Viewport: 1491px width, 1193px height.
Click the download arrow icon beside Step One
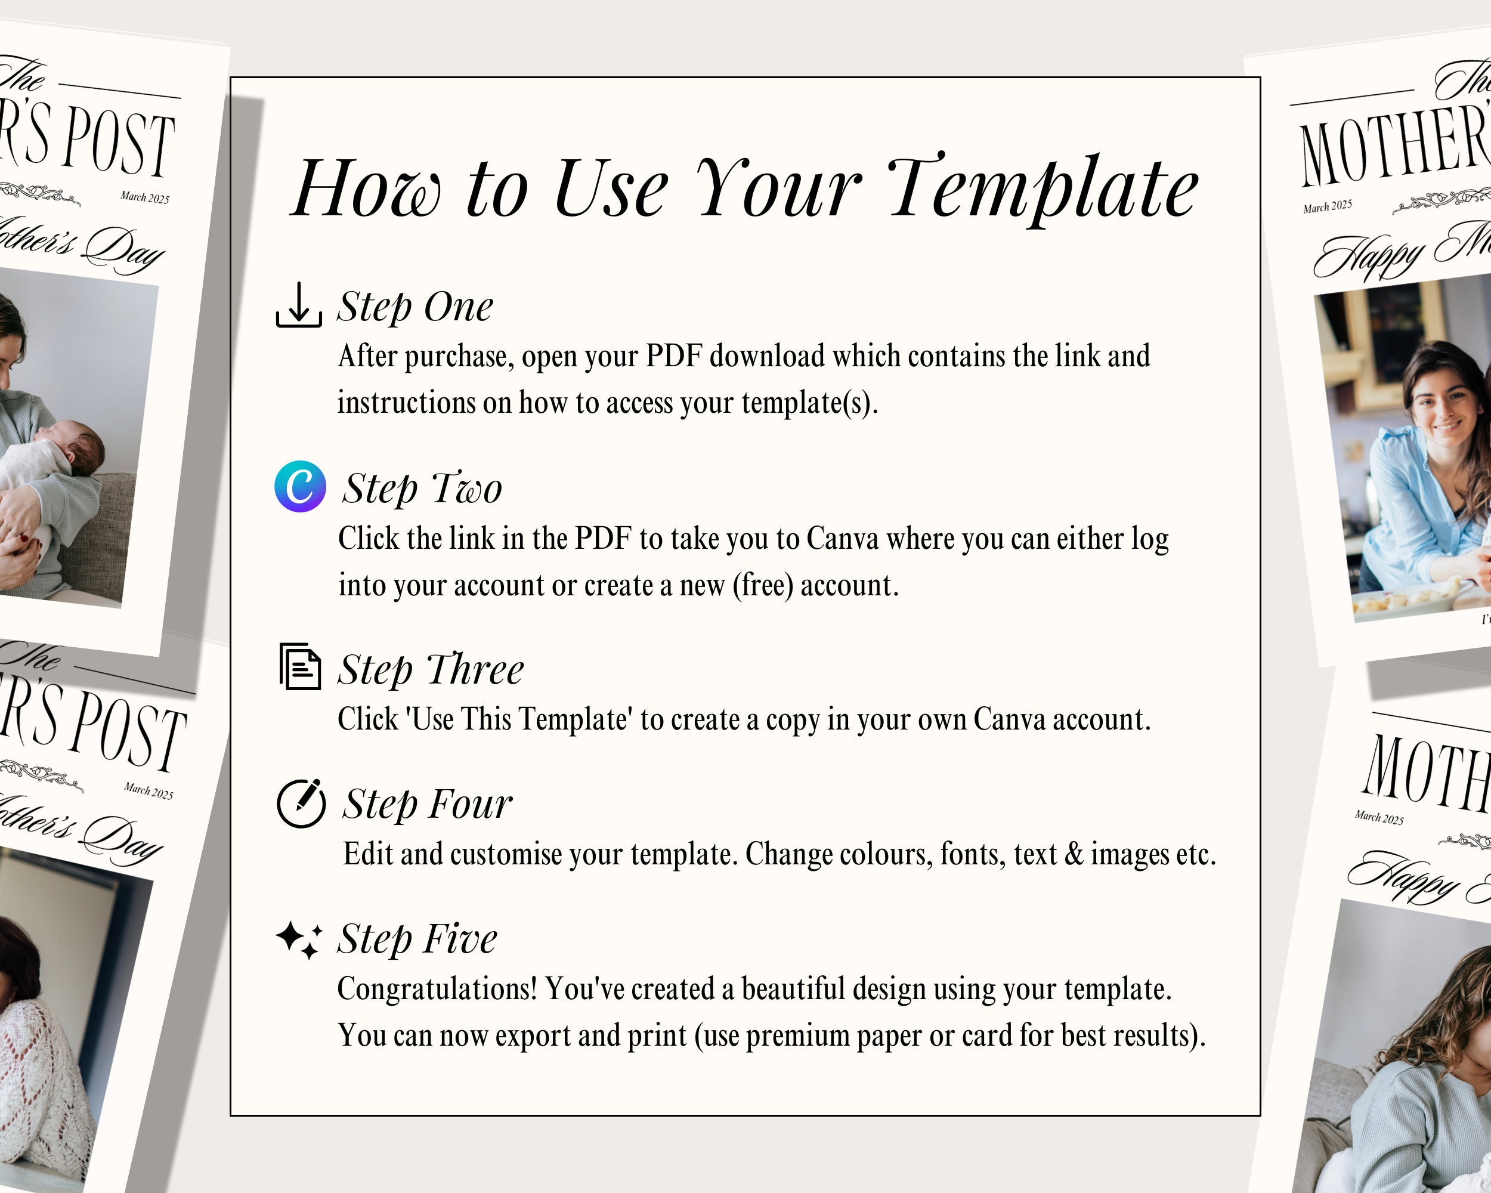coord(299,305)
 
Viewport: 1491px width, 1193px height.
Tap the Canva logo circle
coord(300,486)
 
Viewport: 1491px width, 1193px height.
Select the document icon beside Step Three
coord(300,667)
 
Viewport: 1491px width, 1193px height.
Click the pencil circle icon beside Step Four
coord(301,803)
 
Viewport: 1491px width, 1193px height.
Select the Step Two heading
coord(422,489)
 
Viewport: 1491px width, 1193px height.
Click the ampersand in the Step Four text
coord(1074,854)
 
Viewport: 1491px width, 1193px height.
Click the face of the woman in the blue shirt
coord(1443,408)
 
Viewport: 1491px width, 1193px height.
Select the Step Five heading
coord(417,938)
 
